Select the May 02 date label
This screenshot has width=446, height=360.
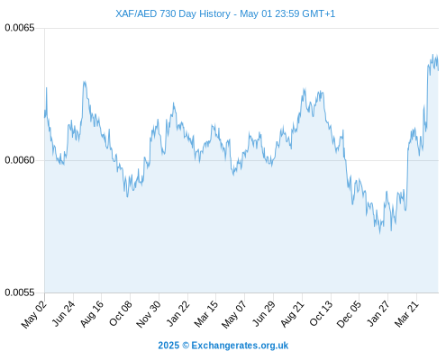pyautogui.click(x=34, y=314)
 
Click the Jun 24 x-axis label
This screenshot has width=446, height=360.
pyautogui.click(x=63, y=313)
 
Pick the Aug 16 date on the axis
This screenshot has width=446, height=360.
pyautogui.click(x=91, y=314)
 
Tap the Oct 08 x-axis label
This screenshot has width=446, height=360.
pyautogui.click(x=120, y=314)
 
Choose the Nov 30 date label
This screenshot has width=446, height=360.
pyautogui.click(x=149, y=314)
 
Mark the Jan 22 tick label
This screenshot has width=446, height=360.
pyautogui.click(x=177, y=313)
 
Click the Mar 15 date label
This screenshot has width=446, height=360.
pyautogui.click(x=205, y=314)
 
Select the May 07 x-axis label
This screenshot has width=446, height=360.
pyautogui.click(x=233, y=314)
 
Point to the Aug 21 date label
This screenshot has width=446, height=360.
pyautogui.click(x=292, y=314)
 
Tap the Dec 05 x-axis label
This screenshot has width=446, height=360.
pyautogui.click(x=349, y=314)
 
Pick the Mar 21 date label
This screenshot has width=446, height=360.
pyautogui.click(x=406, y=314)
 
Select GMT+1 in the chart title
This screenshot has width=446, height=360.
pyautogui.click(x=318, y=13)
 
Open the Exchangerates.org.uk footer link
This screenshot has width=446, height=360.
pyautogui.click(x=240, y=346)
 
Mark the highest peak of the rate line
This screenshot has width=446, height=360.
pyautogui.click(x=432, y=55)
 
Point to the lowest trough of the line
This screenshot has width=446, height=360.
pyautogui.click(x=380, y=233)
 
